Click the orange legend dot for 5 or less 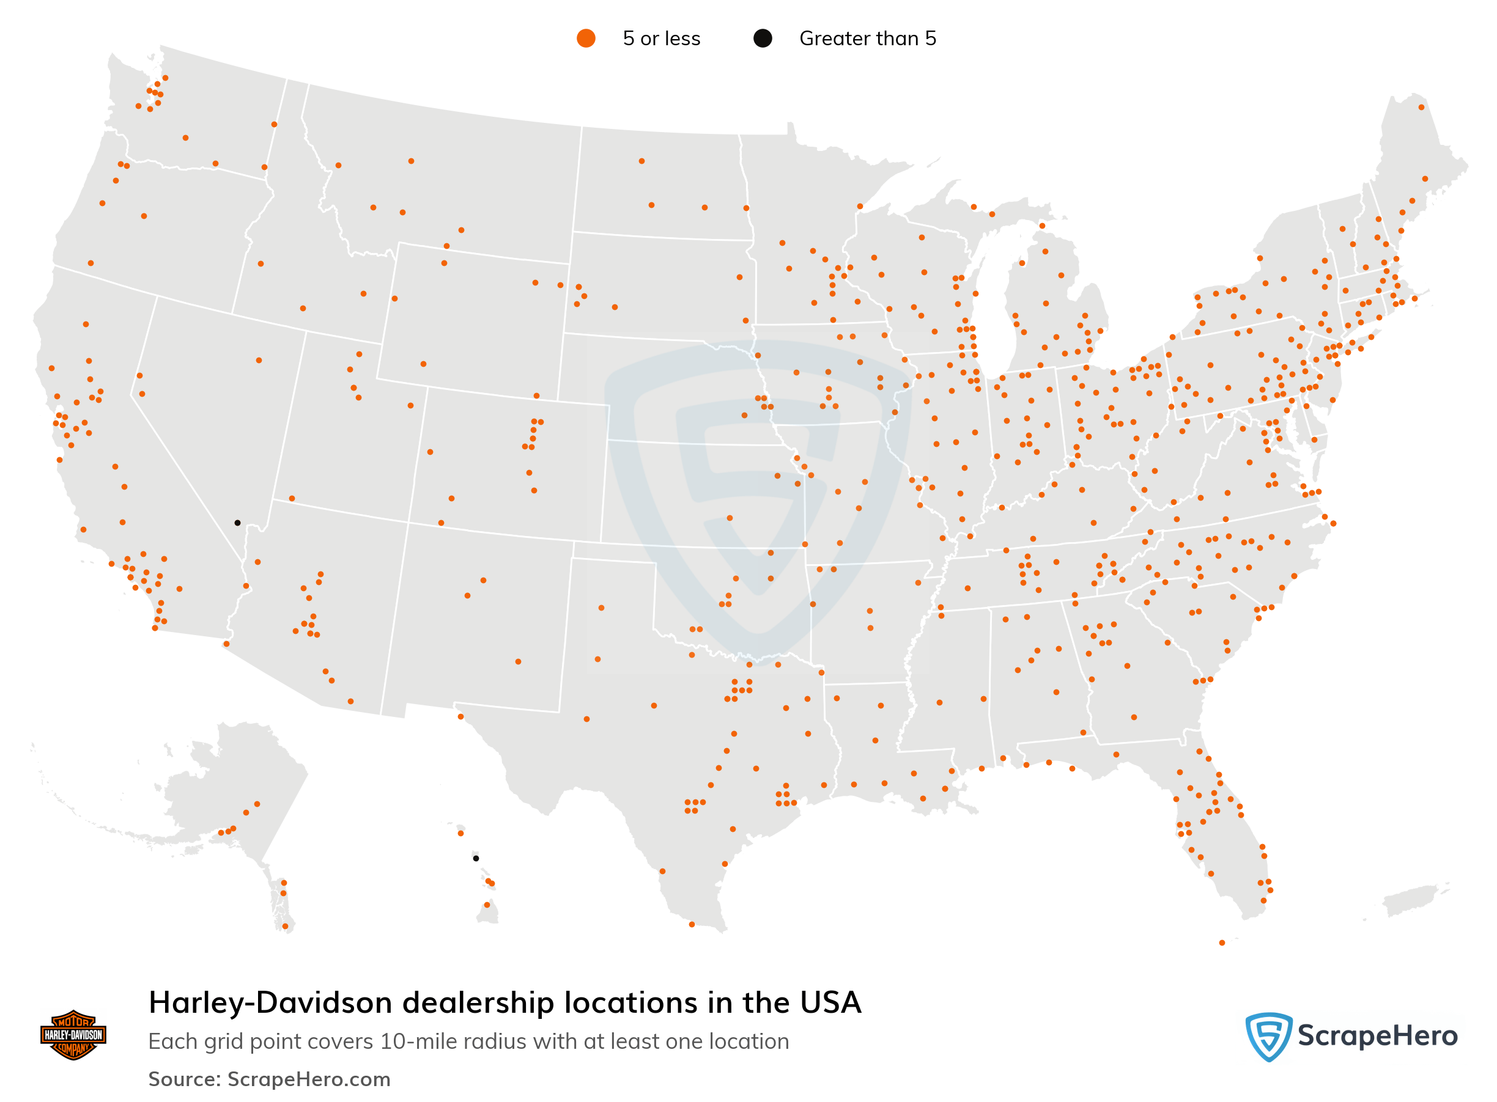pos(585,39)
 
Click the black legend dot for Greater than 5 pos(762,39)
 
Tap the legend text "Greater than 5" pos(867,39)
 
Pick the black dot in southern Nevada pos(238,523)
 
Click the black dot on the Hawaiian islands pos(476,859)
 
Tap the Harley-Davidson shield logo pos(73,1035)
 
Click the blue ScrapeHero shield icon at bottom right pos(1268,1036)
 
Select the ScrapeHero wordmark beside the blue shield pos(1377,1036)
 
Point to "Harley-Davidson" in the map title pos(270,1002)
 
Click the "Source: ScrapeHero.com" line pos(269,1079)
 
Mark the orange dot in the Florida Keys pos(1222,942)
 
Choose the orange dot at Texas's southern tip pos(692,925)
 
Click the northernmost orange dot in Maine pos(1422,108)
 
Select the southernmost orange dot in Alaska pos(286,927)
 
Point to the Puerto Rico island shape pos(1409,900)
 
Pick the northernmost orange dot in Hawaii pos(460,834)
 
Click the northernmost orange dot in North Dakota pos(641,161)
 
